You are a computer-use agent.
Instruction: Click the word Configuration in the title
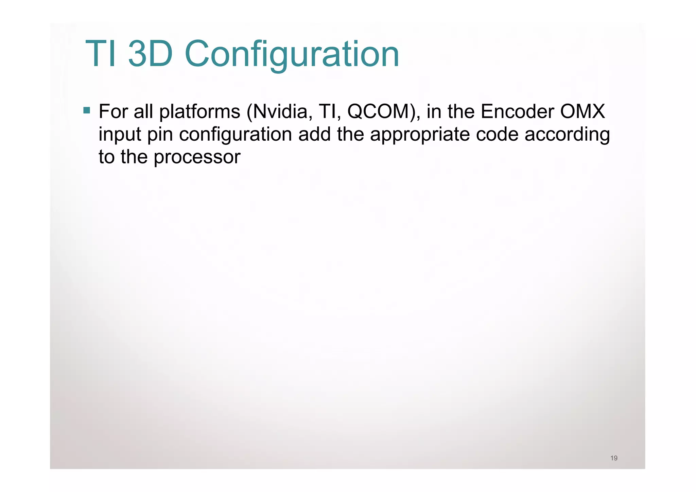pos(292,54)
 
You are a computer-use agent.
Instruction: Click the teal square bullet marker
pos(87,110)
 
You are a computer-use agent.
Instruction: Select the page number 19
pos(614,458)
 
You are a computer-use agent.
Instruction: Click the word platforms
pos(200,112)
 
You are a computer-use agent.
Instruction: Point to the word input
pos(120,135)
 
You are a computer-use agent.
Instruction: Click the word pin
pos(160,135)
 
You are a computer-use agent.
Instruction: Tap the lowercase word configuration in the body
pos(236,135)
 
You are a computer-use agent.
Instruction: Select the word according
pos(567,135)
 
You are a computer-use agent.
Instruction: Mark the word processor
pos(197,157)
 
